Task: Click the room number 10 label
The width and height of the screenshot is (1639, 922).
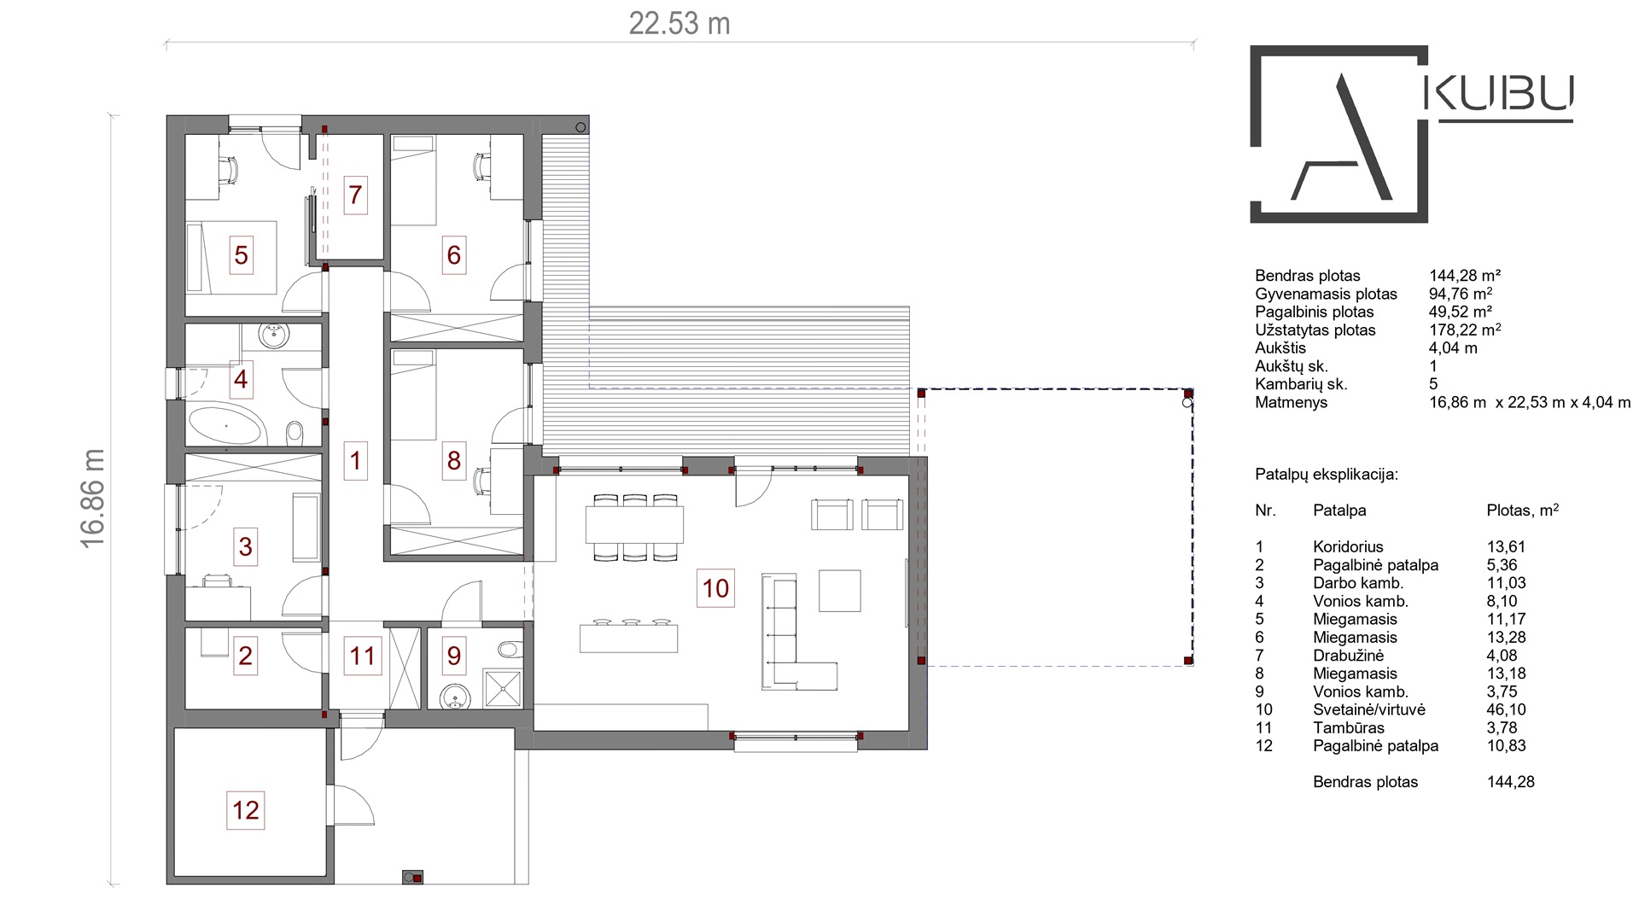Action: [x=715, y=587]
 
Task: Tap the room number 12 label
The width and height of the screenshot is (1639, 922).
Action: [x=246, y=809]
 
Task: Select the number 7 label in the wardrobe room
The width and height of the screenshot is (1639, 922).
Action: [x=355, y=195]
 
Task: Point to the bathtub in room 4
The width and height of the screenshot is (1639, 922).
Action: [x=224, y=425]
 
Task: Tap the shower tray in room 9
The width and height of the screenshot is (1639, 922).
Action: [x=502, y=688]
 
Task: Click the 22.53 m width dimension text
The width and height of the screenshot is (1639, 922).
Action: [x=680, y=23]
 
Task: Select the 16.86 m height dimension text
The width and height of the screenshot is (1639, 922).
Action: [x=92, y=499]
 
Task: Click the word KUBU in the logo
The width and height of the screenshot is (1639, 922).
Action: [x=1501, y=94]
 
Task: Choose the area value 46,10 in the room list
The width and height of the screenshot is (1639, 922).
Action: [x=1506, y=709]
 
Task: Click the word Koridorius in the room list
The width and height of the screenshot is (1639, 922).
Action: [x=1348, y=546]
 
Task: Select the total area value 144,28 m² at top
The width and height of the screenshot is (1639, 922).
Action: [x=1465, y=275]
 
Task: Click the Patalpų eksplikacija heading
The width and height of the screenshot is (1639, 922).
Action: [x=1327, y=475]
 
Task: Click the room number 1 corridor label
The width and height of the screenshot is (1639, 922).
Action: [x=355, y=461]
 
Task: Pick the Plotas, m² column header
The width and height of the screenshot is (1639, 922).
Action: [x=1523, y=510]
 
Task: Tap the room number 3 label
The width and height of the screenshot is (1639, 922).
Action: [x=246, y=546]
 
